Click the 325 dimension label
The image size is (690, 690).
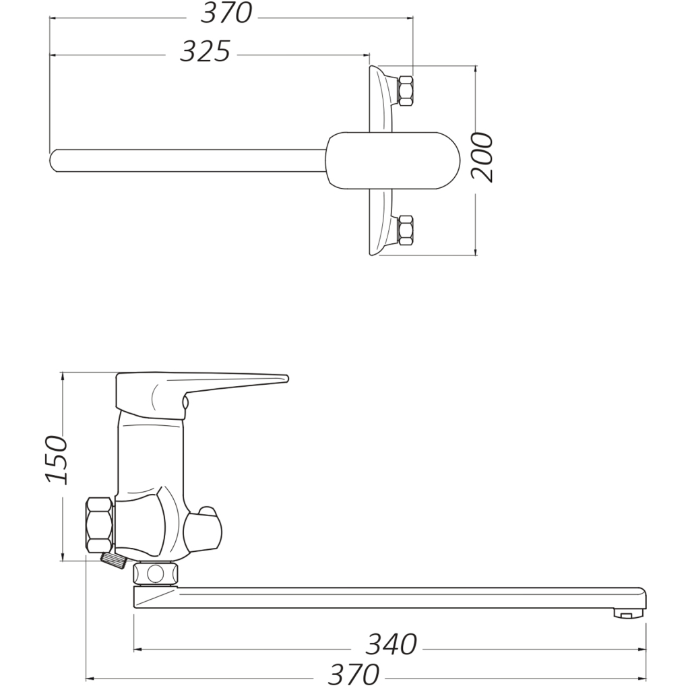206,51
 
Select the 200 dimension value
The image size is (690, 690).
482,157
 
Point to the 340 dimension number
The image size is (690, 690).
391,645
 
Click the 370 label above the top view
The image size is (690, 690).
226,13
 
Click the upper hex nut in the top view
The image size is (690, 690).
405,91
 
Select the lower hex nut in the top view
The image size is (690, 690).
405,230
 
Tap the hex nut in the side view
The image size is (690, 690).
100,524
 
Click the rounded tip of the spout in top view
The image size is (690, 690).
53,160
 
